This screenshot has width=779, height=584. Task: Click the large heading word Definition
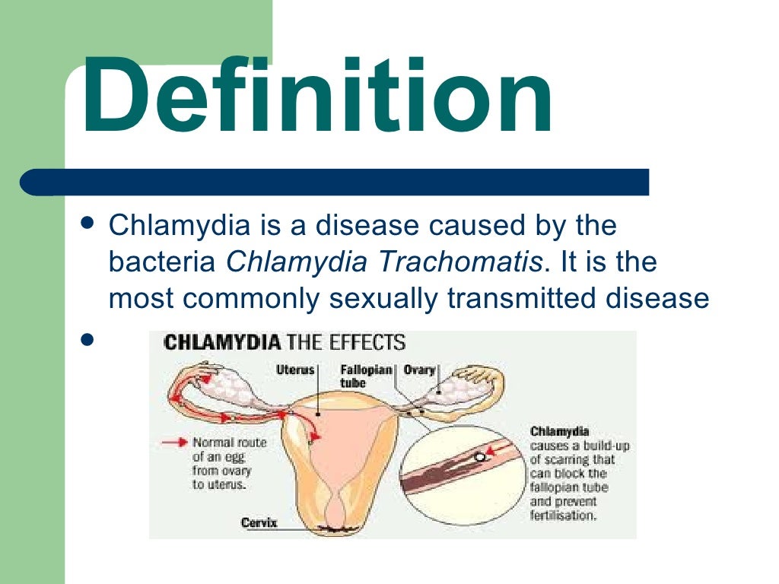317,95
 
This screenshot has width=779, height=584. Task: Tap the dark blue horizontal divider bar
335,182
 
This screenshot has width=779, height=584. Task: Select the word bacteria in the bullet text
162,262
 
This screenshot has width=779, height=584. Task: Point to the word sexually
383,299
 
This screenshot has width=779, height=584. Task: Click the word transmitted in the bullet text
521,298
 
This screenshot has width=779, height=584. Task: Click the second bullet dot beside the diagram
87,340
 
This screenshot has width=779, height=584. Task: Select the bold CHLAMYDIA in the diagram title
222,343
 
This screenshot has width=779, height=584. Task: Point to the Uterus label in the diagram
295,370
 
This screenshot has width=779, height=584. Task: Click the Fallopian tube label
366,376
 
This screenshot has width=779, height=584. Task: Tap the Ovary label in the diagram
419,370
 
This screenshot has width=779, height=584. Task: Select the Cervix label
259,522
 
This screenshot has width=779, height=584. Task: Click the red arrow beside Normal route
174,442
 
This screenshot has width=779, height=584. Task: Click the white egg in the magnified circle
480,456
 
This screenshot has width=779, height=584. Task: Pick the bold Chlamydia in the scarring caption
559,431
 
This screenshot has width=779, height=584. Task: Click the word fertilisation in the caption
564,515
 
